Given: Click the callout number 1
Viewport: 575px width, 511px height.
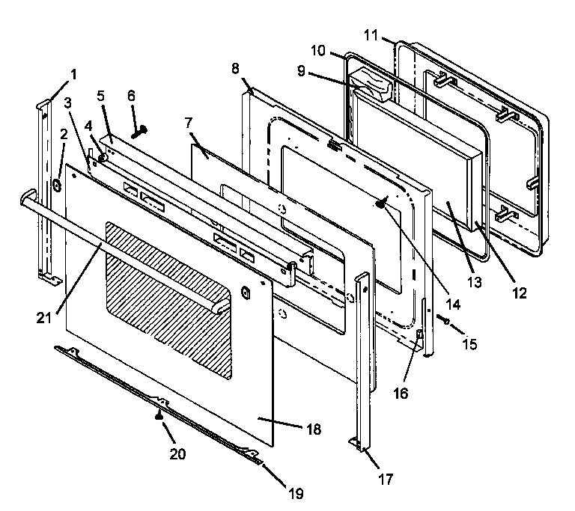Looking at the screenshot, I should [x=73, y=74].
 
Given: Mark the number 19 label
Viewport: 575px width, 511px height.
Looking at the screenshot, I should [x=297, y=494].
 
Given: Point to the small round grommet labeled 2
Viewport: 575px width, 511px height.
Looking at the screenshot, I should [x=57, y=183].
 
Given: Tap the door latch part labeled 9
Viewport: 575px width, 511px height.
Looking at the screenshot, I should [x=373, y=85].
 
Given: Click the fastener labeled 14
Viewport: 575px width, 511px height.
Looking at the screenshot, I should [x=382, y=204].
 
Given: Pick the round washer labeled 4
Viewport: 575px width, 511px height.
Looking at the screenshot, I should [x=102, y=157].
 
